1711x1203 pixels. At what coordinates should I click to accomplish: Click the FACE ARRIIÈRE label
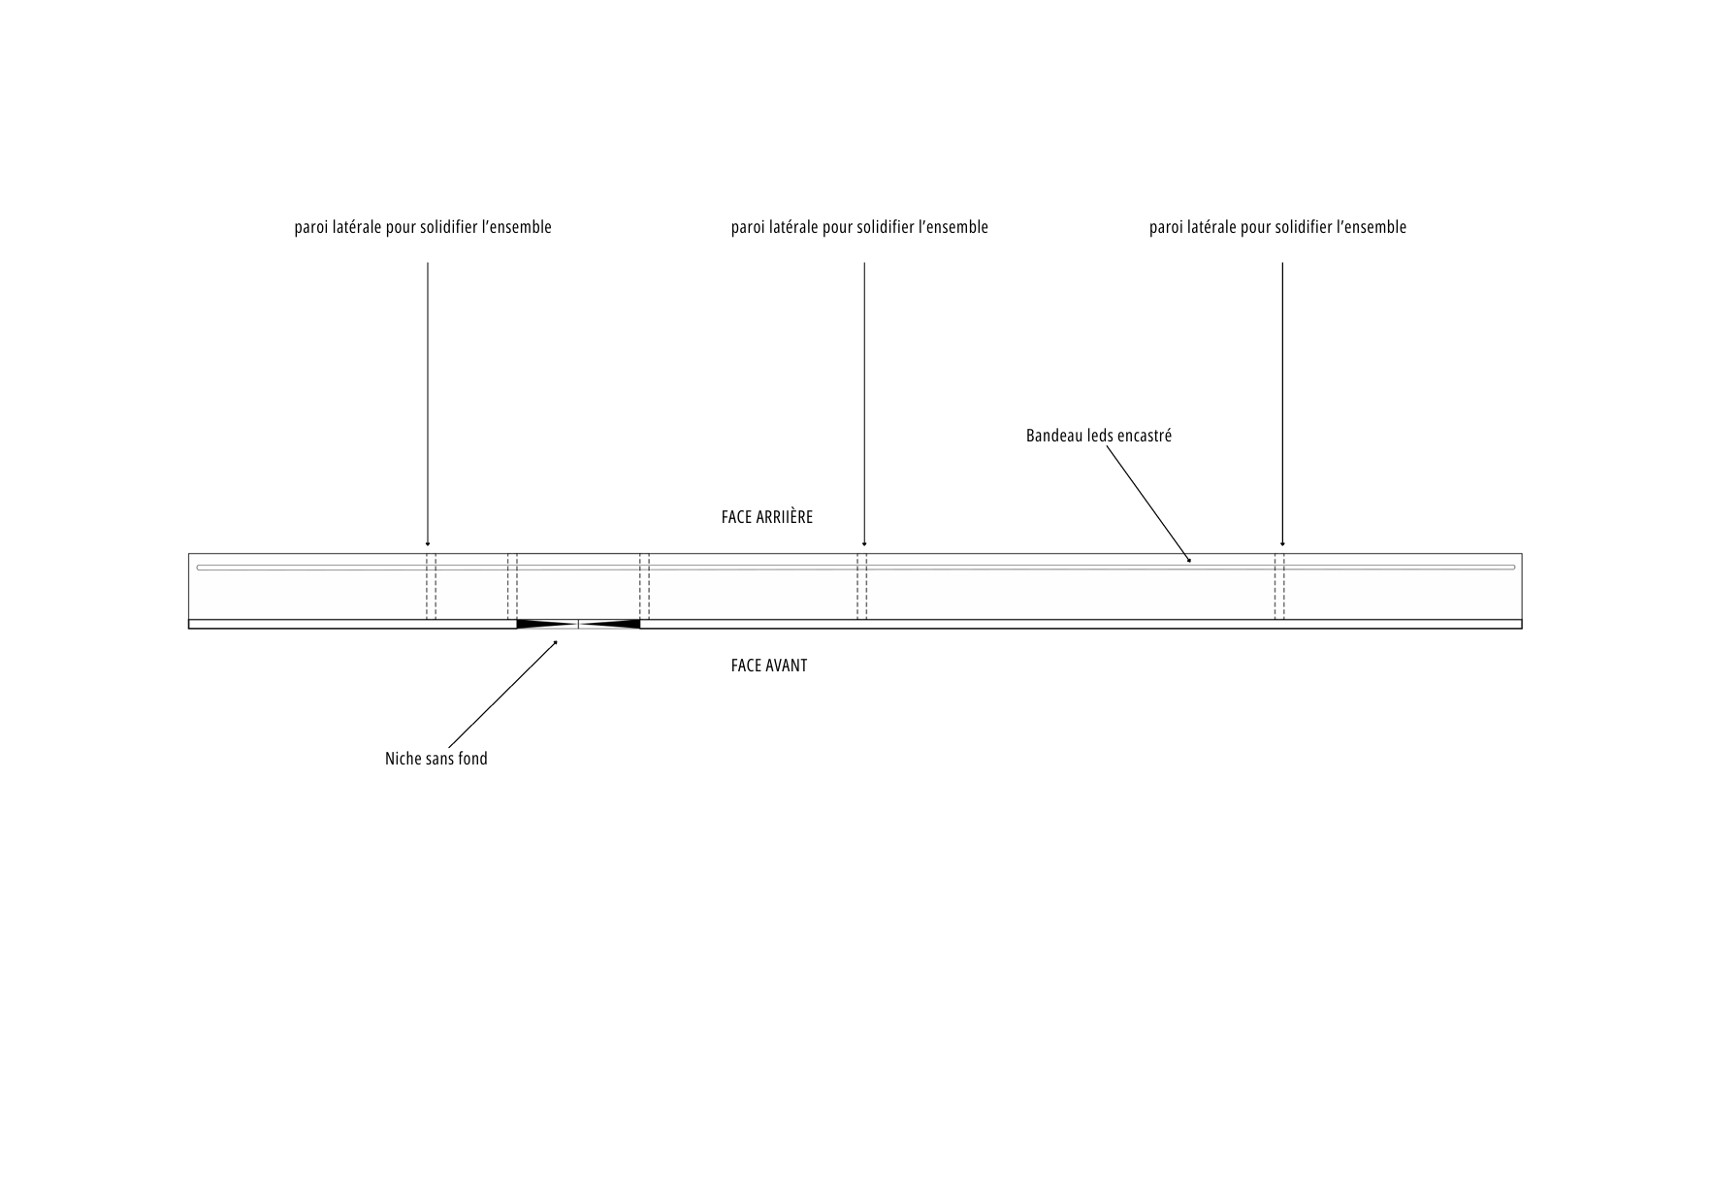click(767, 517)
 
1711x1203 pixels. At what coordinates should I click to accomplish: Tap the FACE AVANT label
click(769, 666)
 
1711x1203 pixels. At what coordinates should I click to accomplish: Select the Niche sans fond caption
click(436, 759)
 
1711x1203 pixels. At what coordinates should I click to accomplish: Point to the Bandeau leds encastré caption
click(1099, 436)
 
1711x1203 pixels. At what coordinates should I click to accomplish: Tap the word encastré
click(1146, 436)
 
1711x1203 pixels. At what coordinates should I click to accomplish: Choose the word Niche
click(404, 759)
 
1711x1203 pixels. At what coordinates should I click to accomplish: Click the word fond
click(472, 759)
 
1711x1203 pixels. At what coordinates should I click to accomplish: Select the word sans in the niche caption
click(439, 759)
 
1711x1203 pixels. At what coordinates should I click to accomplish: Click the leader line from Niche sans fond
click(503, 694)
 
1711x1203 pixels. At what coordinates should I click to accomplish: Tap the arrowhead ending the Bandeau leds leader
click(1189, 559)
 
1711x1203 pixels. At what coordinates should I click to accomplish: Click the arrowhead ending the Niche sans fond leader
click(556, 642)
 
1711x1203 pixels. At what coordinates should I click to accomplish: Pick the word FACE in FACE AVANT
click(746, 666)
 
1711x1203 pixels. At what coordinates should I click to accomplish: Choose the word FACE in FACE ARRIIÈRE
click(736, 517)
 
